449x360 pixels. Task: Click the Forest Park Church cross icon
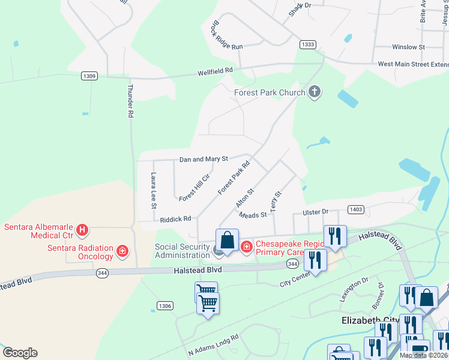[315, 92]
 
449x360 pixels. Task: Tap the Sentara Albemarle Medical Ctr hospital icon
[83, 230]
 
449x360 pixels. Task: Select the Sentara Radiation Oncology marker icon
[122, 250]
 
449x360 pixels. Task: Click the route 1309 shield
[89, 76]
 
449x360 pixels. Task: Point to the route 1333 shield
[308, 44]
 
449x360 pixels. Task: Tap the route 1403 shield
[355, 209]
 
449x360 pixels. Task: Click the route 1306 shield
[165, 306]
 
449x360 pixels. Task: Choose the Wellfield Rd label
[215, 71]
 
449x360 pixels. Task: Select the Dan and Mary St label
[204, 159]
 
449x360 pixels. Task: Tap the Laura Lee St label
[154, 191]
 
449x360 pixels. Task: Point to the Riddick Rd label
[175, 220]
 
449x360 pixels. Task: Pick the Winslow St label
[408, 47]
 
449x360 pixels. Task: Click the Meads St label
[253, 215]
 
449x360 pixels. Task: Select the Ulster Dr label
[316, 212]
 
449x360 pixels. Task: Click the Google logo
[20, 353]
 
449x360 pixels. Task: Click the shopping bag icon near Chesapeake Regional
[227, 241]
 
